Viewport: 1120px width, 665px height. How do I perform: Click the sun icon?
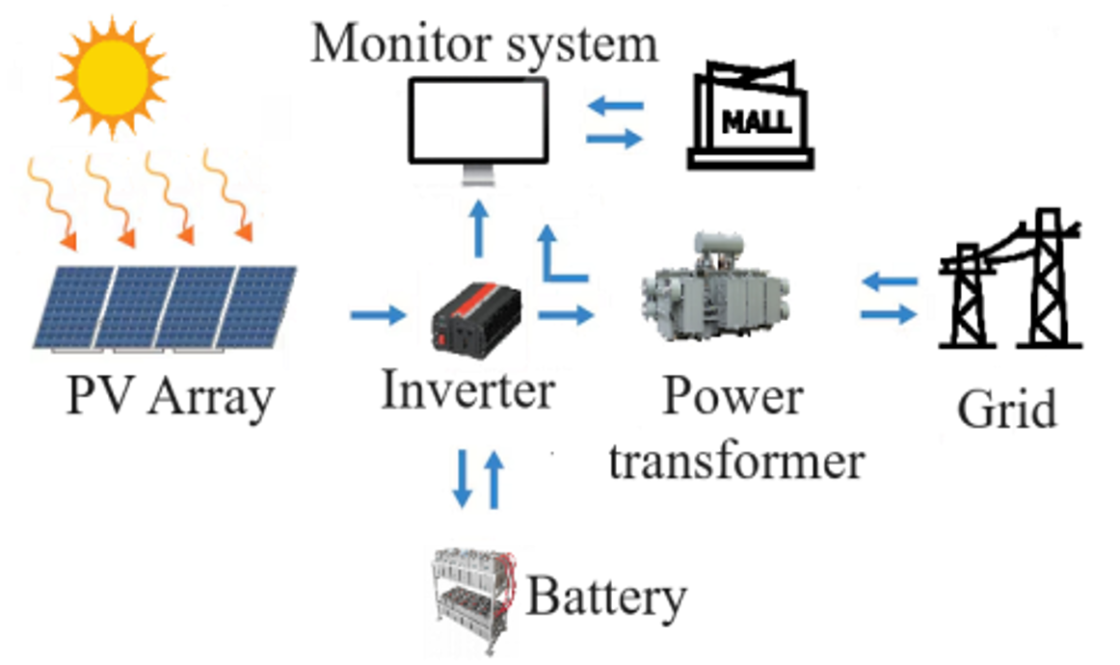[x=111, y=73]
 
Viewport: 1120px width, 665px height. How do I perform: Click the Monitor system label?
[x=484, y=43]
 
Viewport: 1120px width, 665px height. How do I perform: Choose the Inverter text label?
[x=468, y=390]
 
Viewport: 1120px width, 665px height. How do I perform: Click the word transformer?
[x=736, y=462]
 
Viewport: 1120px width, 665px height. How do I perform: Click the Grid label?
[x=1007, y=409]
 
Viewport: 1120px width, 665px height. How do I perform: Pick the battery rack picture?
[x=473, y=592]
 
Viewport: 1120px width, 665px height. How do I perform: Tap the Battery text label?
[x=605, y=597]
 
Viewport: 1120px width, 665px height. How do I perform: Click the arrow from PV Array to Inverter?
[x=377, y=315]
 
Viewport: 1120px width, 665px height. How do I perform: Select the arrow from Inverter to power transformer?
[x=565, y=314]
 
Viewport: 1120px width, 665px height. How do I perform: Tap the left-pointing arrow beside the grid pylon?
[x=889, y=281]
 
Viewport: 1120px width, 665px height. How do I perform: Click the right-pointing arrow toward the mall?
[x=614, y=139]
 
